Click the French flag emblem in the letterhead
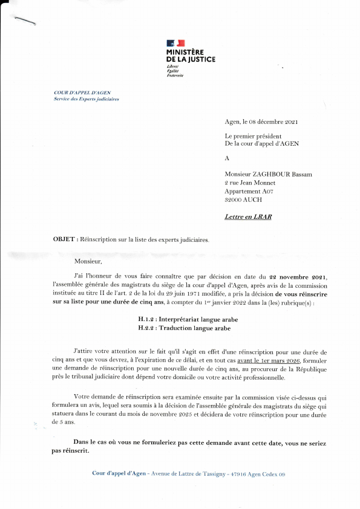tap(175, 44)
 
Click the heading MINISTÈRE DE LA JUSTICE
tap(190, 56)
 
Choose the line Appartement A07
tap(247, 191)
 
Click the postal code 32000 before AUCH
tap(235, 199)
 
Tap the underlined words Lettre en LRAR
tap(247, 216)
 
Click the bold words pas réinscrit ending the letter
tap(71, 452)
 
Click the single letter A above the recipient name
tap(227, 158)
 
